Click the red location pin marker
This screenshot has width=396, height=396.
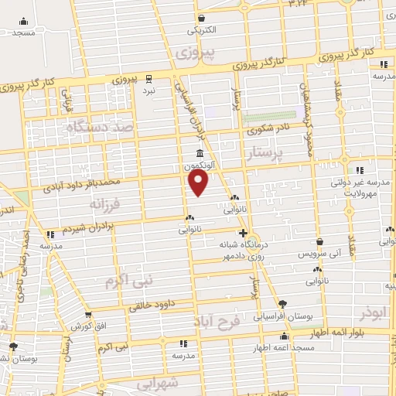coord(199,183)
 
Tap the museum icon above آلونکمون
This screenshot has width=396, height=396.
coord(200,152)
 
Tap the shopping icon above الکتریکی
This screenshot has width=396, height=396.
coord(201,19)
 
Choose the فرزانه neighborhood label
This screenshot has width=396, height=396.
coord(106,204)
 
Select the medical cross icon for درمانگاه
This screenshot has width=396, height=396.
coord(243,232)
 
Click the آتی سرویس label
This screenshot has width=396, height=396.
coord(319,254)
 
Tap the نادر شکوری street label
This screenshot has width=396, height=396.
coord(268,130)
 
